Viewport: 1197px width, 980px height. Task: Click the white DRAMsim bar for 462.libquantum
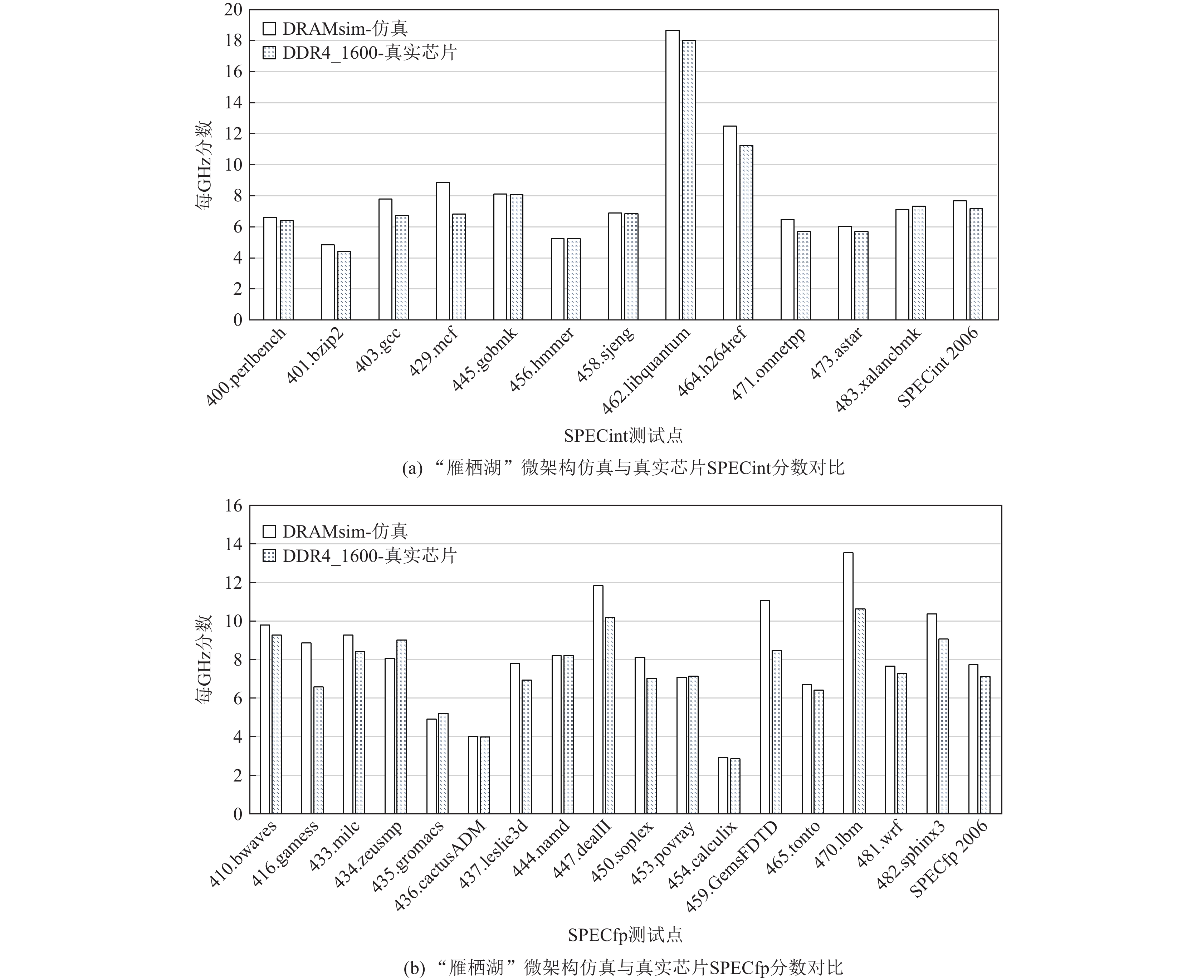point(673,175)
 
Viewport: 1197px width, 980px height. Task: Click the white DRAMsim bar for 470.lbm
point(848,683)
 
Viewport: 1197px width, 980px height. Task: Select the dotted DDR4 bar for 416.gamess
point(318,750)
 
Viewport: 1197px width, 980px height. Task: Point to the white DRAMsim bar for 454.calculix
point(723,786)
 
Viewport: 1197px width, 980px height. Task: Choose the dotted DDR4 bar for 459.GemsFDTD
point(777,732)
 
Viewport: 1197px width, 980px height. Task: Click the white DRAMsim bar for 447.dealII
point(598,700)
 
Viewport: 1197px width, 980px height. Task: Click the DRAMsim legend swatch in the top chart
point(269,28)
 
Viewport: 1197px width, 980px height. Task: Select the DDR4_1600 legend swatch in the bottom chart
point(269,556)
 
